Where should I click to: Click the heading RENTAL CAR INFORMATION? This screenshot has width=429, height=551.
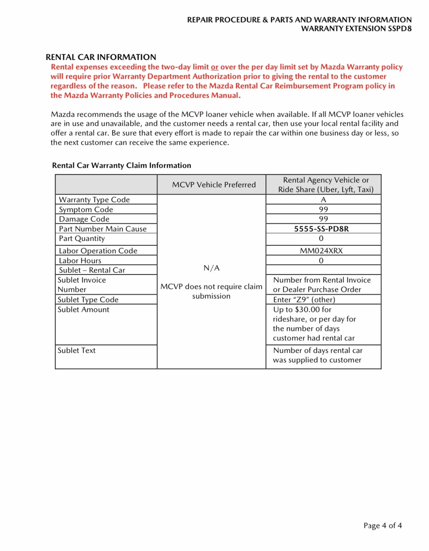click(101, 57)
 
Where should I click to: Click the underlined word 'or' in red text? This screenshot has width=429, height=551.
click(214, 67)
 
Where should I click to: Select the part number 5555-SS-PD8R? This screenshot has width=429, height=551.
click(321, 229)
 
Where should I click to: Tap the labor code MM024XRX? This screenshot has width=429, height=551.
click(321, 251)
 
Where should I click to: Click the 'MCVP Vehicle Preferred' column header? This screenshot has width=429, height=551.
click(214, 185)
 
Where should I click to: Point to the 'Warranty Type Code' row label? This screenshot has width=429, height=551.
click(94, 200)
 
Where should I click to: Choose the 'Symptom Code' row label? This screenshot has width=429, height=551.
click(86, 210)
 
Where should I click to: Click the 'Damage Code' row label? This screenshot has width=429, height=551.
click(84, 219)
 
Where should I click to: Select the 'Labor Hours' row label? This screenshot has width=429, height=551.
click(80, 260)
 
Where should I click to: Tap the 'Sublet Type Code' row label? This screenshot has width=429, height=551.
click(88, 300)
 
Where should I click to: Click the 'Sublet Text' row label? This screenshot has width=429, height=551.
click(77, 350)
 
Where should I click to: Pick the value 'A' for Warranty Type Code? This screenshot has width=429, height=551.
click(324, 200)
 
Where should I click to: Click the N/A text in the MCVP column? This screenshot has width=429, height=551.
click(211, 268)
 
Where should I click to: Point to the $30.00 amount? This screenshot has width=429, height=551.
click(307, 310)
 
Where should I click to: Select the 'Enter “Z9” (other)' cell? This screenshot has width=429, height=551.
click(304, 300)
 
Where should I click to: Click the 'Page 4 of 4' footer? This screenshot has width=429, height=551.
click(383, 526)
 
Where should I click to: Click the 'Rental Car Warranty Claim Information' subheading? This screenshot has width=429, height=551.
click(121, 166)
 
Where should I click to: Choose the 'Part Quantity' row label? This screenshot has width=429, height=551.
click(82, 238)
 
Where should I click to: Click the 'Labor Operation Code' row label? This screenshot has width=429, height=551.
click(98, 251)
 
